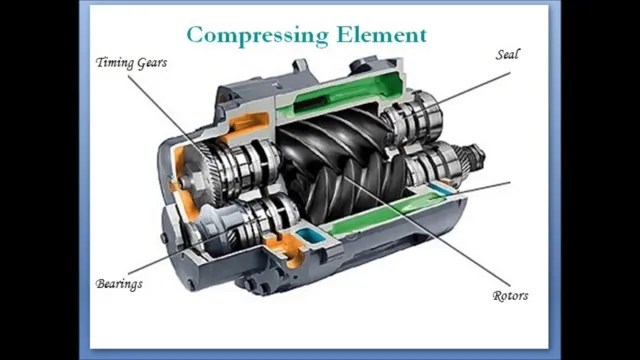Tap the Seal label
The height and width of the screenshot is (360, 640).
coord(508,54)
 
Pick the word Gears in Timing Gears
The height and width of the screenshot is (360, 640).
coord(153,63)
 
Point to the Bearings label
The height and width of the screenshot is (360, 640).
coord(119,284)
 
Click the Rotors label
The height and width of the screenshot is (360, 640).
coord(510,296)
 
